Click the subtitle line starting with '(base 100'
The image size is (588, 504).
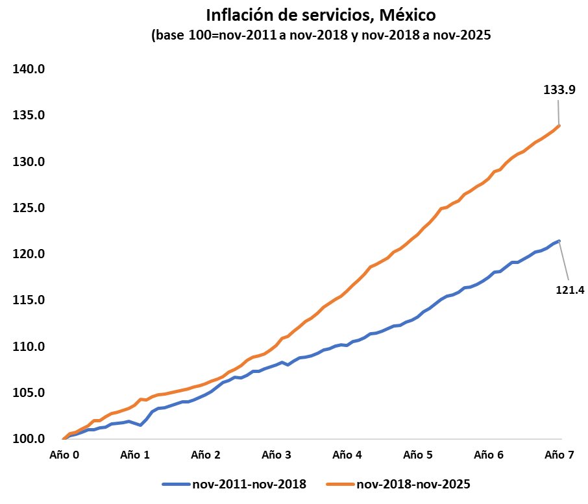pyautogui.click(x=321, y=36)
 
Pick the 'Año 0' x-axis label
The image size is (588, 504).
pyautogui.click(x=65, y=455)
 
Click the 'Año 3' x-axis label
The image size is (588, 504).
pyautogui.click(x=277, y=455)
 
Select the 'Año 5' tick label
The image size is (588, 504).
pyautogui.click(x=419, y=455)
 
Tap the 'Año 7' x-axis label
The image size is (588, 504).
pyautogui.click(x=559, y=455)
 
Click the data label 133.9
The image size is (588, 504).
pyautogui.click(x=559, y=91)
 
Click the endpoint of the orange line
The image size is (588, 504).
pyautogui.click(x=559, y=126)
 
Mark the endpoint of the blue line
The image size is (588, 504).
pyautogui.click(x=559, y=241)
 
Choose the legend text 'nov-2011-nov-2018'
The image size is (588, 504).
pyautogui.click(x=249, y=484)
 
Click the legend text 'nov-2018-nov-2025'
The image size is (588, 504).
pyautogui.click(x=413, y=484)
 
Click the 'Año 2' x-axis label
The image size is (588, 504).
pyautogui.click(x=206, y=455)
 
